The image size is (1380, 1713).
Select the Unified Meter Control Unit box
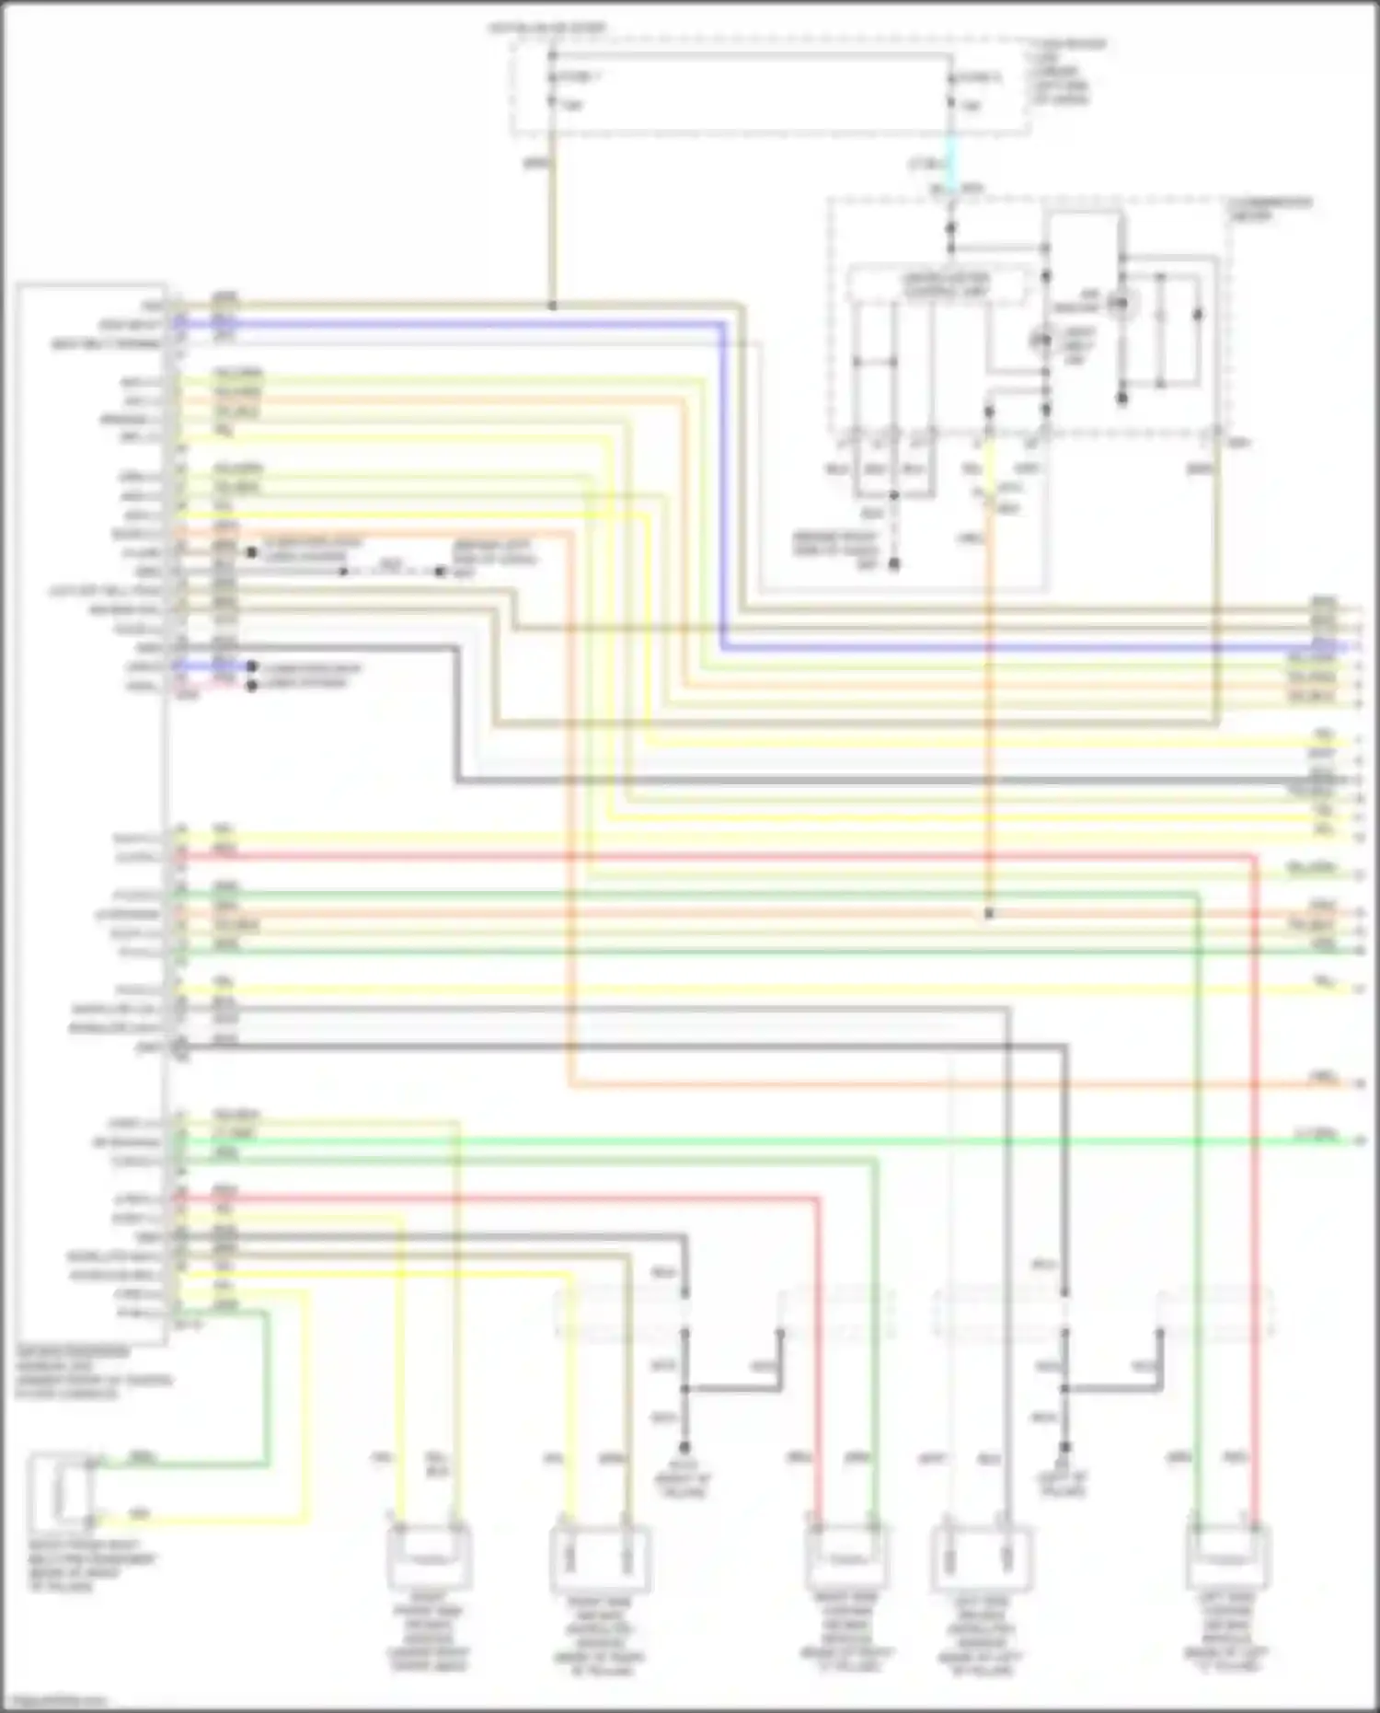935,284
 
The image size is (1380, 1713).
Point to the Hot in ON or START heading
546,29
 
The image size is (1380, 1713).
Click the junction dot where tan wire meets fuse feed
552,305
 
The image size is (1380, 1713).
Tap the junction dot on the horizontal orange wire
989,914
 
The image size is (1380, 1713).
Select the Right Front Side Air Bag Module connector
429,1556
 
